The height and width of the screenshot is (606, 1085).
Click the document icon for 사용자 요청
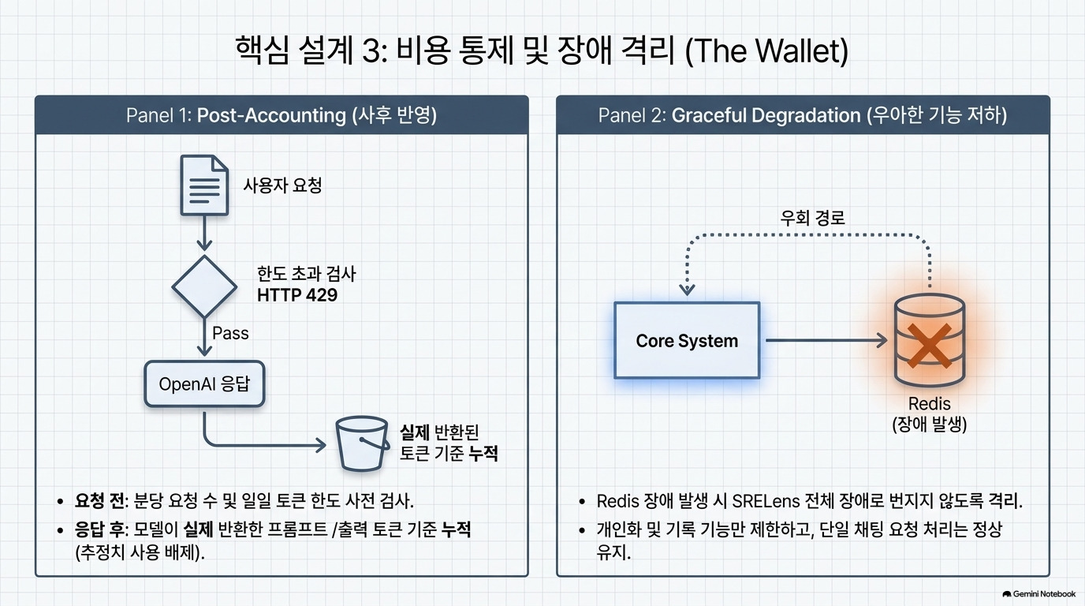tap(204, 185)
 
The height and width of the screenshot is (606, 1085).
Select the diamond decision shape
tap(204, 287)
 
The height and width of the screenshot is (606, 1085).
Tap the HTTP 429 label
tap(297, 295)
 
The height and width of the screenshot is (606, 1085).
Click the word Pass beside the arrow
tap(230, 333)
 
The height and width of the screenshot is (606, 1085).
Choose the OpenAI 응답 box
tap(204, 384)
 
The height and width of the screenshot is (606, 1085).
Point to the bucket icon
tap(362, 443)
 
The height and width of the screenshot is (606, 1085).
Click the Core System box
tap(687, 340)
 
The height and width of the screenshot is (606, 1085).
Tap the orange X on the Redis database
tap(929, 345)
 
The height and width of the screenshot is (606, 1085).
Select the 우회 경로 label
tap(812, 218)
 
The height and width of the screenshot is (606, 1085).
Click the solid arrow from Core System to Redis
tap(826, 340)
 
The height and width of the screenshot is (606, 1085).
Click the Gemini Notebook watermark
tap(1039, 594)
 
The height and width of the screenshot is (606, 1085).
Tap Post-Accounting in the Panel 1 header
tap(271, 115)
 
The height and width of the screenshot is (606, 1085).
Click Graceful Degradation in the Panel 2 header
tap(766, 115)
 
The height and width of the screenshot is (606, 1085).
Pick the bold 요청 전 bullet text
tap(99, 501)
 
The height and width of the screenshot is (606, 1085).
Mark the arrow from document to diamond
tap(204, 234)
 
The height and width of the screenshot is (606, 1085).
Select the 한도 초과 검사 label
tap(306, 274)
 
